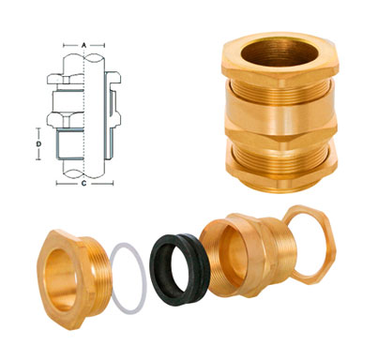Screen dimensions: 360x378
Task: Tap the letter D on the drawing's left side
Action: pyautogui.click(x=38, y=145)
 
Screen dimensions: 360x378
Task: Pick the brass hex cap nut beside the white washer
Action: pyautogui.click(x=68, y=272)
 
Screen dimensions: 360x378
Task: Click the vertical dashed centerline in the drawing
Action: pyautogui.click(x=85, y=112)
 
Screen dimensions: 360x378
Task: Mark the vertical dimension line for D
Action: pyautogui.click(x=46, y=145)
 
